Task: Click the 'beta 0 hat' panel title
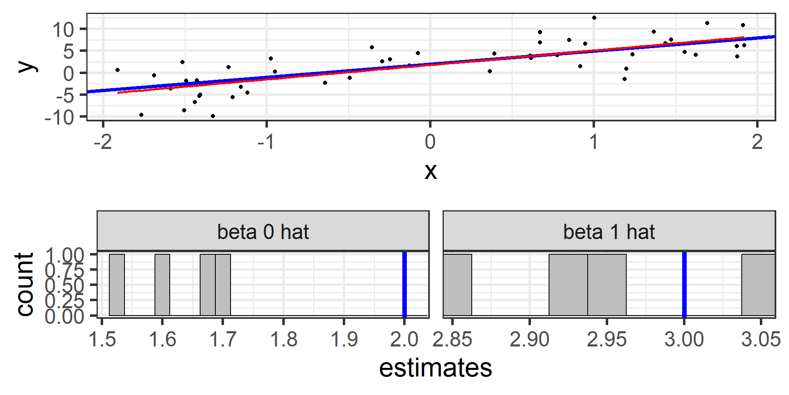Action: click(263, 232)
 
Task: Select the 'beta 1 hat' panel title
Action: click(609, 232)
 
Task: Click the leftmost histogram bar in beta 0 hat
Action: click(117, 285)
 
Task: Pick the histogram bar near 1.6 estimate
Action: click(162, 285)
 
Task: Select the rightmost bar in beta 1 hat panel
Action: click(758, 285)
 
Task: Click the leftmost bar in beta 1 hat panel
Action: click(458, 285)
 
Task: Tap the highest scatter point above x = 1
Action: click(594, 18)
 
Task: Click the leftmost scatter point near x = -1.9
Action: click(118, 70)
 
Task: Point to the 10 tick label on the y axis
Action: click(63, 29)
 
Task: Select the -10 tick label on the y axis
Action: click(60, 118)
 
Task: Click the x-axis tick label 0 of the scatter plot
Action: click(430, 142)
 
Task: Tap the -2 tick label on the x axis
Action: click(103, 142)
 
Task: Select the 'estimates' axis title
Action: click(436, 368)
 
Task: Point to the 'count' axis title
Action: click(25, 284)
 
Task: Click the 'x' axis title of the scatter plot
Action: click(430, 171)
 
